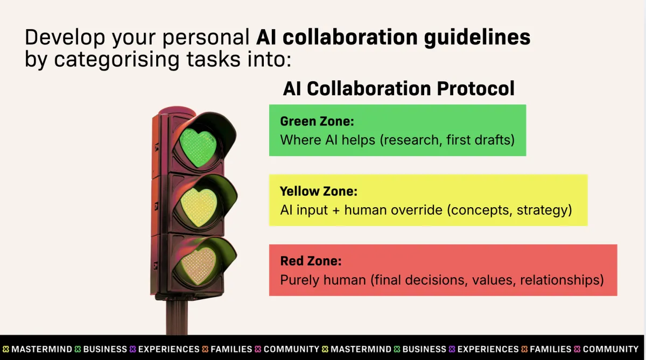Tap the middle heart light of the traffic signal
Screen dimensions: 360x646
click(x=198, y=206)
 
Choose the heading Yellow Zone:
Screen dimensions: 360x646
click(x=319, y=191)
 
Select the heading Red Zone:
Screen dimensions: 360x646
click(x=311, y=262)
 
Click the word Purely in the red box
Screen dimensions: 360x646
click(x=299, y=280)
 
